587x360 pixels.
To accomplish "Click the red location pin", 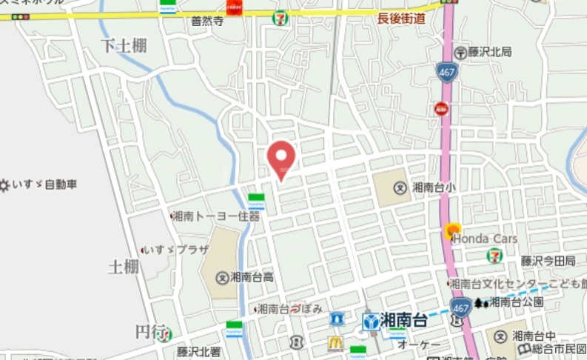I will (281, 157).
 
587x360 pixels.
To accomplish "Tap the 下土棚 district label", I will (124, 46).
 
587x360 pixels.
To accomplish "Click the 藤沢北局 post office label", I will (489, 52).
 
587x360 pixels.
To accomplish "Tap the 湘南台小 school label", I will (434, 187).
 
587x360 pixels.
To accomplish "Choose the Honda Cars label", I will (485, 239).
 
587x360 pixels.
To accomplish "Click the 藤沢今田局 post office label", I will (548, 260).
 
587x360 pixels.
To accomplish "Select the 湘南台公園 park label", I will (517, 301).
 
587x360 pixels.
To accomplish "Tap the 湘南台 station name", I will (403, 321).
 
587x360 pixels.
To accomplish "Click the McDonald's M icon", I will (335, 343).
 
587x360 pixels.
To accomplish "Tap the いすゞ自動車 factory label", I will (44, 184).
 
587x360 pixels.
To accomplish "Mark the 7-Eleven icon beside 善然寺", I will (281, 19).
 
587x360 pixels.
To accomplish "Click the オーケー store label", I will (419, 345).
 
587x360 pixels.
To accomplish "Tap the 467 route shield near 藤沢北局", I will (446, 71).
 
